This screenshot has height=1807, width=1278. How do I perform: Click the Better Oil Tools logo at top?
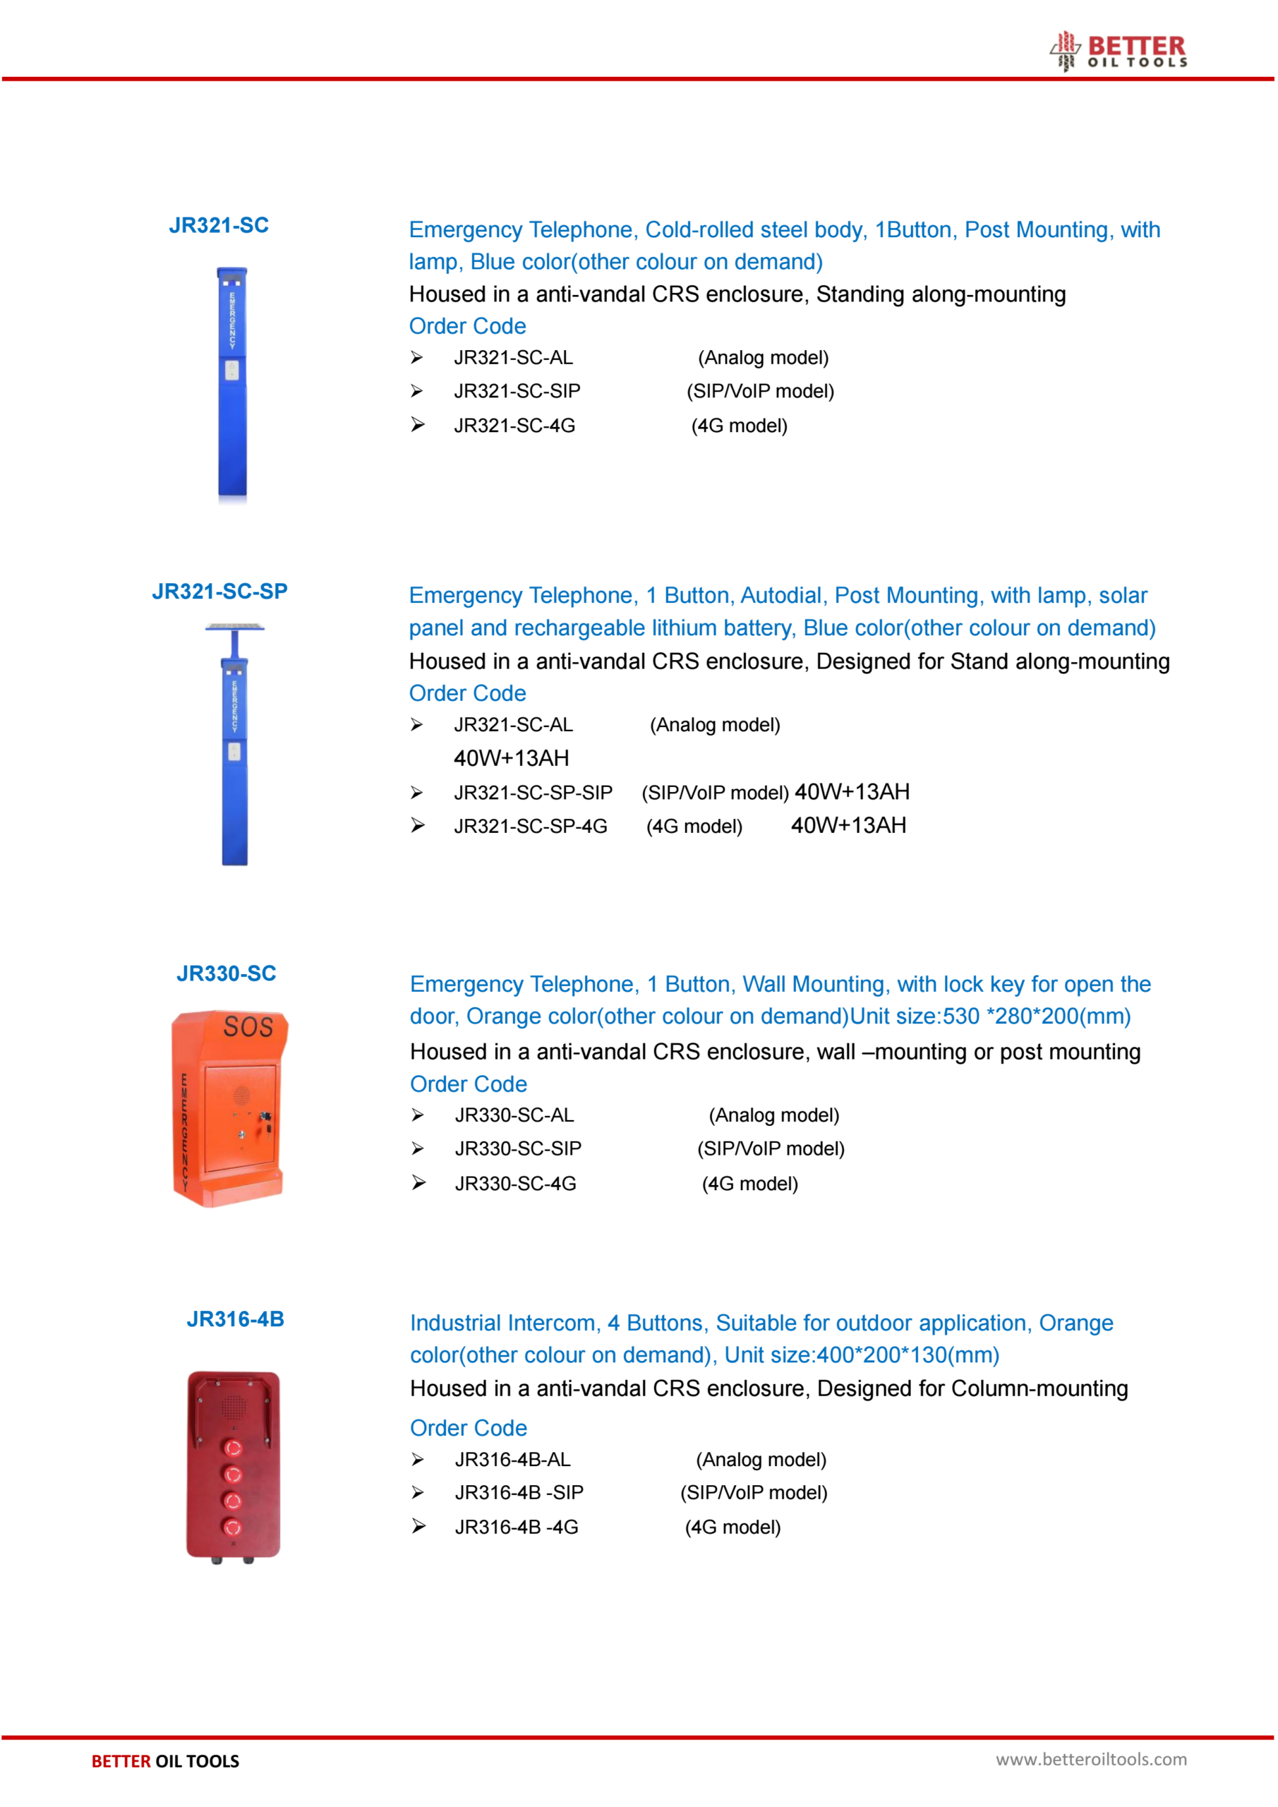tap(1120, 51)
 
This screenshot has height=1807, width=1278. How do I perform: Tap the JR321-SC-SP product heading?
tap(219, 592)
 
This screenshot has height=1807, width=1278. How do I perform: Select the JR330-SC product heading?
tap(227, 973)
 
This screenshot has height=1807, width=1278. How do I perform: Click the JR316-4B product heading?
tap(235, 1319)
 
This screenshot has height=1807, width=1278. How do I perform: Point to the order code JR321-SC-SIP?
tap(517, 391)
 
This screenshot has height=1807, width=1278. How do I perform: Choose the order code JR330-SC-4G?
tap(515, 1184)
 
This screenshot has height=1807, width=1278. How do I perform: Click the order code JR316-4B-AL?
tap(513, 1460)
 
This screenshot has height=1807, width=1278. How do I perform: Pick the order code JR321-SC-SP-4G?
tap(531, 827)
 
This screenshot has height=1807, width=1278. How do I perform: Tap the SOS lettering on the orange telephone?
tap(248, 1027)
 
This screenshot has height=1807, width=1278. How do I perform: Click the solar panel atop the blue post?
tap(234, 628)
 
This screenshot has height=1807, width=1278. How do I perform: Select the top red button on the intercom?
tap(233, 1448)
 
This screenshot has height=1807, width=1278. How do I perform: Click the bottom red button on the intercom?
tap(233, 1527)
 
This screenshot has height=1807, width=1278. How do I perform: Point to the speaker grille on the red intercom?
tap(233, 1405)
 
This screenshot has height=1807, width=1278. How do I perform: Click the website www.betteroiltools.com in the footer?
tap(1091, 1760)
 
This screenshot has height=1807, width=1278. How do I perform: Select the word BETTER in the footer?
tap(121, 1761)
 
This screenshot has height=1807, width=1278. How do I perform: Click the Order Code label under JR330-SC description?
tap(469, 1084)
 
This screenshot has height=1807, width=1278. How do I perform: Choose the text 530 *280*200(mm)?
tap(1037, 1017)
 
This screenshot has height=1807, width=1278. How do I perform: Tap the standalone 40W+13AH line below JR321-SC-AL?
tap(512, 759)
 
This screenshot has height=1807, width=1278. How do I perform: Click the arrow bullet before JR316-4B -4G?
tap(418, 1527)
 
